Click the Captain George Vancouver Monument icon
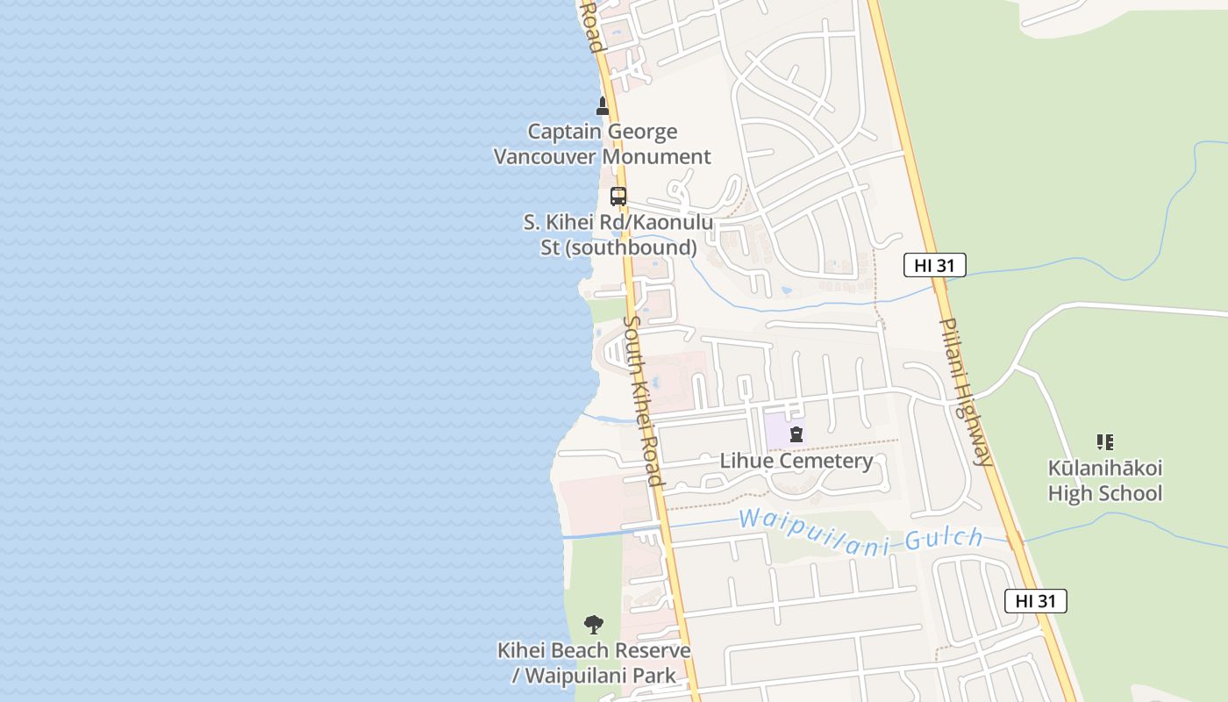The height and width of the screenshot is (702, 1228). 603,106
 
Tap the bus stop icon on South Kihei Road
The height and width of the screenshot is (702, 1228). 618,197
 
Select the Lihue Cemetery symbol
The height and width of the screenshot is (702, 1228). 796,433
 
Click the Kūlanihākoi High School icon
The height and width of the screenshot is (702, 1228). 1105,442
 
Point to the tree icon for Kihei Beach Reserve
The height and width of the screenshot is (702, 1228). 594,625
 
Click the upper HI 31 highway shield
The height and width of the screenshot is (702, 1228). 935,265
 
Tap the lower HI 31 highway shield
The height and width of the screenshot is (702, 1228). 1036,601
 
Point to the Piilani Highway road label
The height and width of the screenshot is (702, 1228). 967,390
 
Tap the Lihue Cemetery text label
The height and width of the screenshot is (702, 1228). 796,462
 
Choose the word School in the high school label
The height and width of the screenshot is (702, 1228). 1125,494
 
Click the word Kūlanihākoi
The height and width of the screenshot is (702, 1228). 1105,468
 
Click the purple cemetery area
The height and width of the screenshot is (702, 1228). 776,430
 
